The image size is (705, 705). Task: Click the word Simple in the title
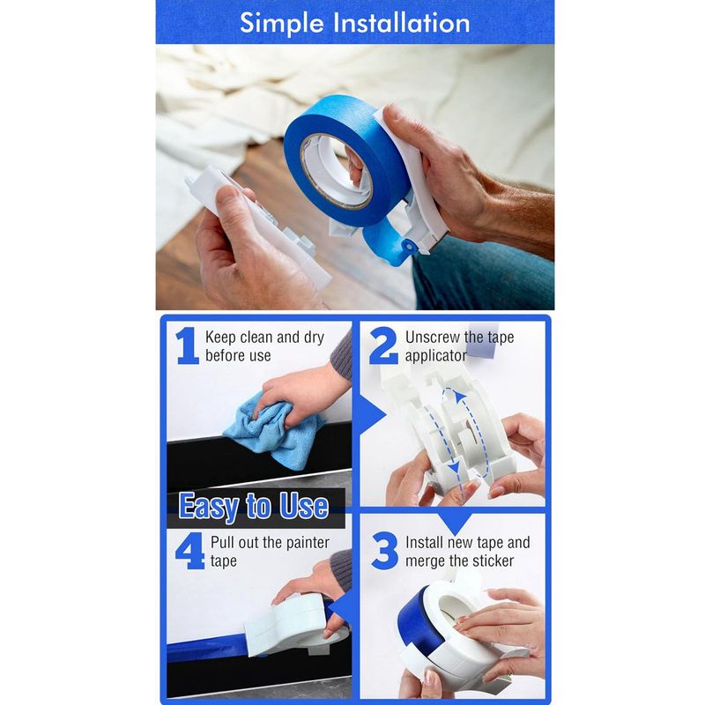281,24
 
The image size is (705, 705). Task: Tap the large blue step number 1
187,345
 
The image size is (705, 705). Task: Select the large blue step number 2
383,345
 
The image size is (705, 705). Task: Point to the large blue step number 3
385,550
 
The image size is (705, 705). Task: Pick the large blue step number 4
189,551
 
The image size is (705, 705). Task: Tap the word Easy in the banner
209,507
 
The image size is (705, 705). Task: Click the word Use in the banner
304,505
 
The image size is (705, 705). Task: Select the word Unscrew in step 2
433,338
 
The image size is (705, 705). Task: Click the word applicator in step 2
435,356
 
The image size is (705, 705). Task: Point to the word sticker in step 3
493,560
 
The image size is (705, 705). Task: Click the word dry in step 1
314,338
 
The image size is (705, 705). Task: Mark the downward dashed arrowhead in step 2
455,468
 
